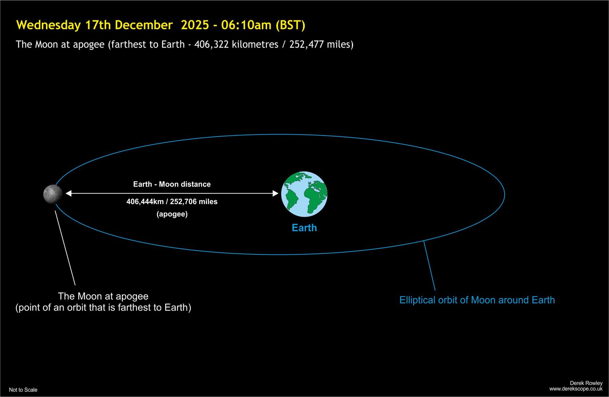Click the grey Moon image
coord(53,194)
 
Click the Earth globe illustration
coord(304,194)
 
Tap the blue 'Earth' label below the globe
coord(304,228)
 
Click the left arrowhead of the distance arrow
coord(69,193)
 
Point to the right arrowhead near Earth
coord(276,193)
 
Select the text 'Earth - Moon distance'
coord(172,184)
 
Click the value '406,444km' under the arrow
coord(145,202)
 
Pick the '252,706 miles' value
coord(194,202)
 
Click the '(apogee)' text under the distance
coord(172,214)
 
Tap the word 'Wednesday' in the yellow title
coord(48,25)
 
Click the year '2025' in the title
coord(195,25)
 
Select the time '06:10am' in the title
coord(246,25)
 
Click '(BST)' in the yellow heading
coord(291,25)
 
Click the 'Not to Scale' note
coord(23,390)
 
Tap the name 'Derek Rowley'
coord(586,383)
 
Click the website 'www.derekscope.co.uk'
coord(576,389)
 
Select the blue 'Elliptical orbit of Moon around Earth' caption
coord(477,300)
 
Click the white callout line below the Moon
coord(65,248)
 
